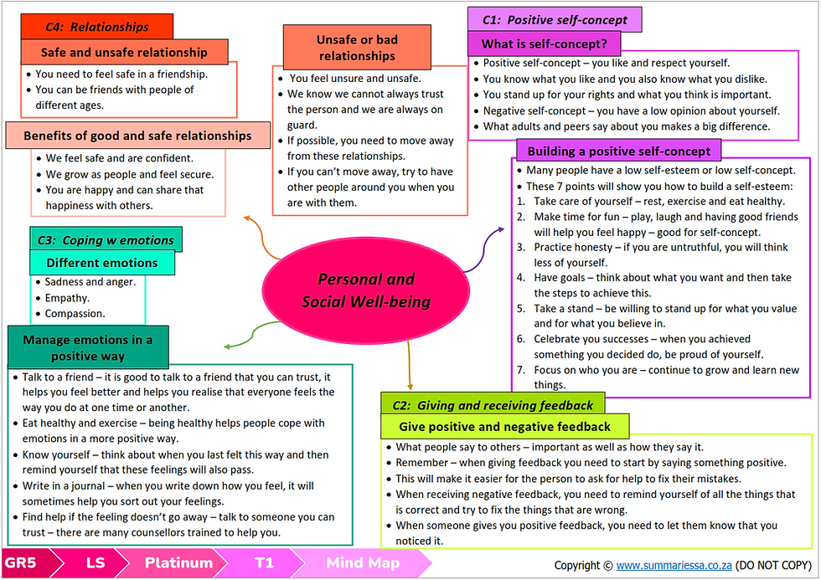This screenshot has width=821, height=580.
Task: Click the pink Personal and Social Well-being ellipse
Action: pos(365,290)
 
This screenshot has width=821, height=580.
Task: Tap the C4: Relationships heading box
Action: pos(97,27)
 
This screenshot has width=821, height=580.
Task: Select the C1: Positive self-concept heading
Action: pos(555,20)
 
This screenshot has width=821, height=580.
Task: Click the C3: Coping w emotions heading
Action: pos(106,240)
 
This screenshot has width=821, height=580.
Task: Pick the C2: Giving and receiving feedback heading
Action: pos(493,405)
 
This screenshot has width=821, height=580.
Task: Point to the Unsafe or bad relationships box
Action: pos(357,47)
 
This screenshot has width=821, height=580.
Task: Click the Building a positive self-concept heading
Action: pos(618,151)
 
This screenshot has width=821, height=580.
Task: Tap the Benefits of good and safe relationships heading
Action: pos(137,136)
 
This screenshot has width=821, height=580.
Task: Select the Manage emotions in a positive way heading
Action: pos(88,347)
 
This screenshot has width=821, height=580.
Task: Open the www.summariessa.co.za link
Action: pos(674,566)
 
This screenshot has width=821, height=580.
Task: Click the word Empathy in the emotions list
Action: pos(66,298)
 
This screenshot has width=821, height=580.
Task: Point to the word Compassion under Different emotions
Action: pos(74,313)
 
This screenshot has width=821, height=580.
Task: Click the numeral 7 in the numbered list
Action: pos(520,370)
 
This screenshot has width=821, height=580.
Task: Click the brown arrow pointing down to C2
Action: pos(410,365)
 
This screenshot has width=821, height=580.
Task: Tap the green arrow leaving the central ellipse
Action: pos(253,334)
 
